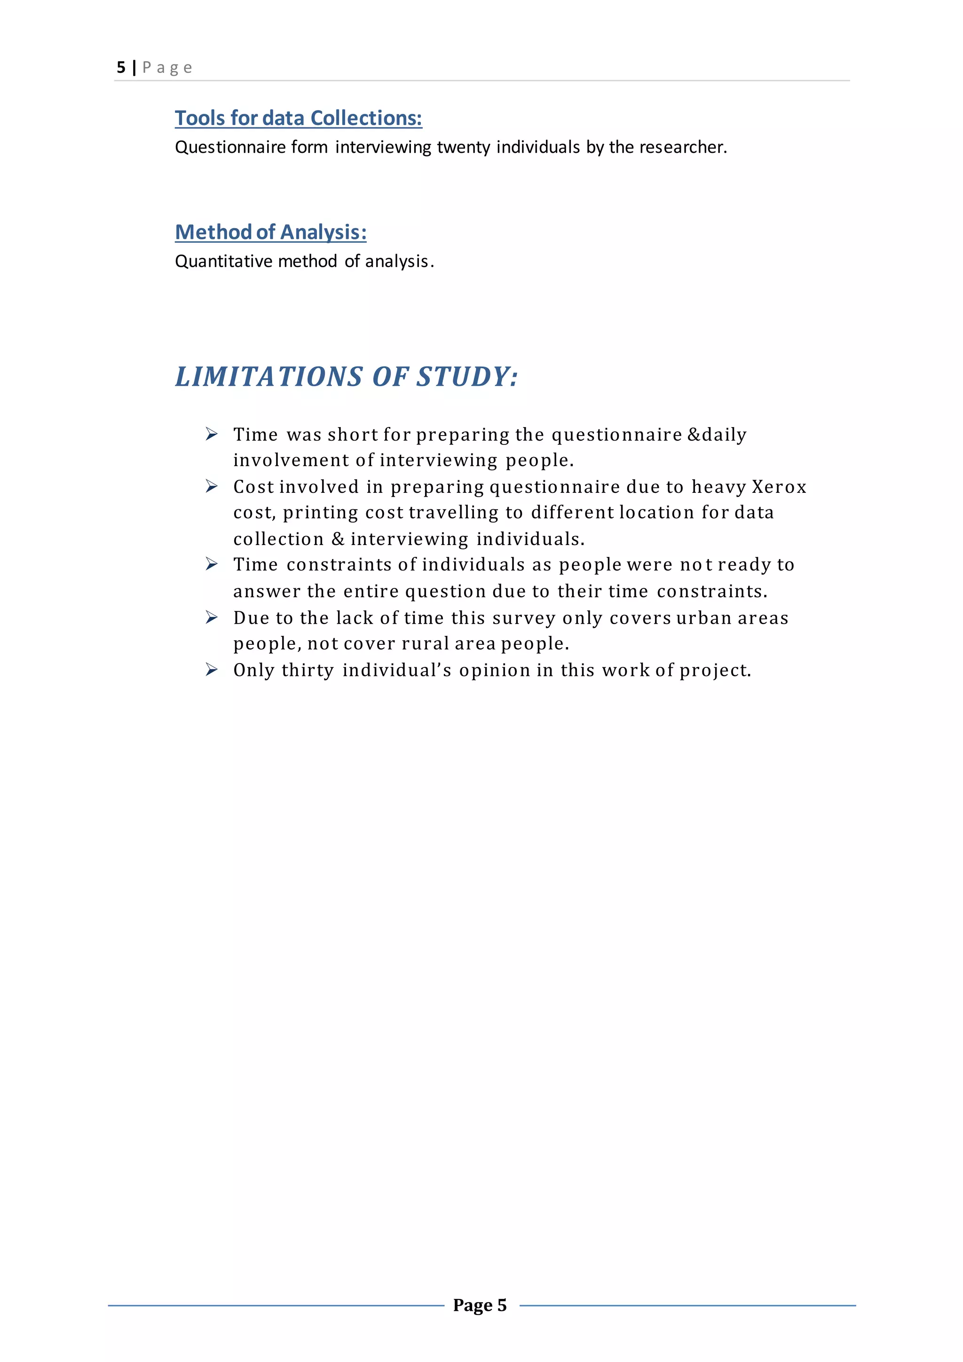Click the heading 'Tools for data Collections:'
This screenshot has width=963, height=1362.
(x=298, y=118)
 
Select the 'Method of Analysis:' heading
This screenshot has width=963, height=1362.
(x=270, y=232)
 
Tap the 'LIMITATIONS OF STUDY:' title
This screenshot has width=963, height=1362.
(x=347, y=377)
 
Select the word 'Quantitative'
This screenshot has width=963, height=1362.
(x=223, y=261)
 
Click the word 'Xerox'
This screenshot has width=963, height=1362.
(x=779, y=487)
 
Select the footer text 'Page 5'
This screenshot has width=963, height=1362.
(x=480, y=1305)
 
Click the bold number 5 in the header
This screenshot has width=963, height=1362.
(x=121, y=67)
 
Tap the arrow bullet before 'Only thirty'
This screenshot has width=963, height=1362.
(x=212, y=670)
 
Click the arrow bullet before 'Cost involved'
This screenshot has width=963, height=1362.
(x=212, y=486)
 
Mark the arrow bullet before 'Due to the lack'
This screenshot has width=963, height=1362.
(x=212, y=618)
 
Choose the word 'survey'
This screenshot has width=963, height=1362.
(x=524, y=618)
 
